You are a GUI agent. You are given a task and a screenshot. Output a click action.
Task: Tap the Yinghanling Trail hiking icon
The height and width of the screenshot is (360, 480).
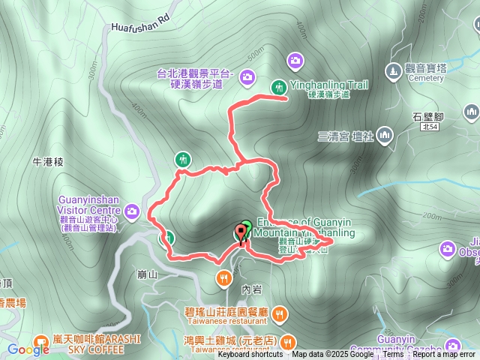tap(277, 86)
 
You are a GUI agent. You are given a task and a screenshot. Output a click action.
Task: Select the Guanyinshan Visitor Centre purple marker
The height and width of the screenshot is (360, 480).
tap(133, 212)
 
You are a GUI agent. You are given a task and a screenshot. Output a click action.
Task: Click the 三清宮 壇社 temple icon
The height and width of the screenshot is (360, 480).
tap(385, 135)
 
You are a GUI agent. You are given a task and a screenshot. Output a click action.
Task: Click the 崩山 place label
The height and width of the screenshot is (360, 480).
tap(148, 274)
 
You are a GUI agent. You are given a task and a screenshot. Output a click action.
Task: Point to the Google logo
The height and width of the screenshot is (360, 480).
tap(28, 349)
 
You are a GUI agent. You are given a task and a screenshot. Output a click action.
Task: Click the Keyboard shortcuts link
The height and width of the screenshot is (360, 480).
tap(250, 355)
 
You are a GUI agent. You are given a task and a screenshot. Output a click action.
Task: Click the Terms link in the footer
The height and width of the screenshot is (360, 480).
tap(393, 355)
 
